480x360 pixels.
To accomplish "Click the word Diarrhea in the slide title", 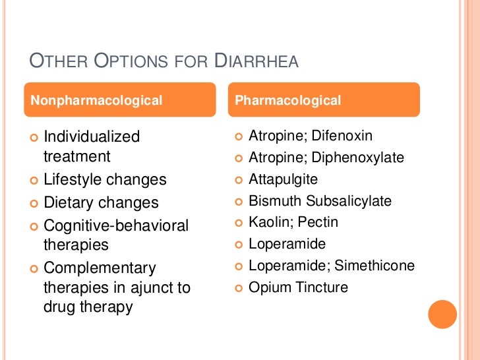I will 257,61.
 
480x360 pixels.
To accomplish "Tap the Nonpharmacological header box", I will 121,100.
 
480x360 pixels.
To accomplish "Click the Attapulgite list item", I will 283,179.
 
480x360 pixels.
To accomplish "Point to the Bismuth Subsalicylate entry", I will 320,201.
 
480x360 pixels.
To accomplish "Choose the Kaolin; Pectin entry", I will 293,222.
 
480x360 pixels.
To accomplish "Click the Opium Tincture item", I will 298,287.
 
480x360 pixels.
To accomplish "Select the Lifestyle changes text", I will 105,179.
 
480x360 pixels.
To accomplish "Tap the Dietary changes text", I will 101,202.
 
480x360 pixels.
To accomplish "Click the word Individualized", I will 92,136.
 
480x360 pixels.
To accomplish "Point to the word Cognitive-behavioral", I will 116,226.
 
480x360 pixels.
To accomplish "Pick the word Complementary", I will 100,268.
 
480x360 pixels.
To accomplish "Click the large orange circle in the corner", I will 442,314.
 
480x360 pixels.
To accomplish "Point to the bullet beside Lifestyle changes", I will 34,180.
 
